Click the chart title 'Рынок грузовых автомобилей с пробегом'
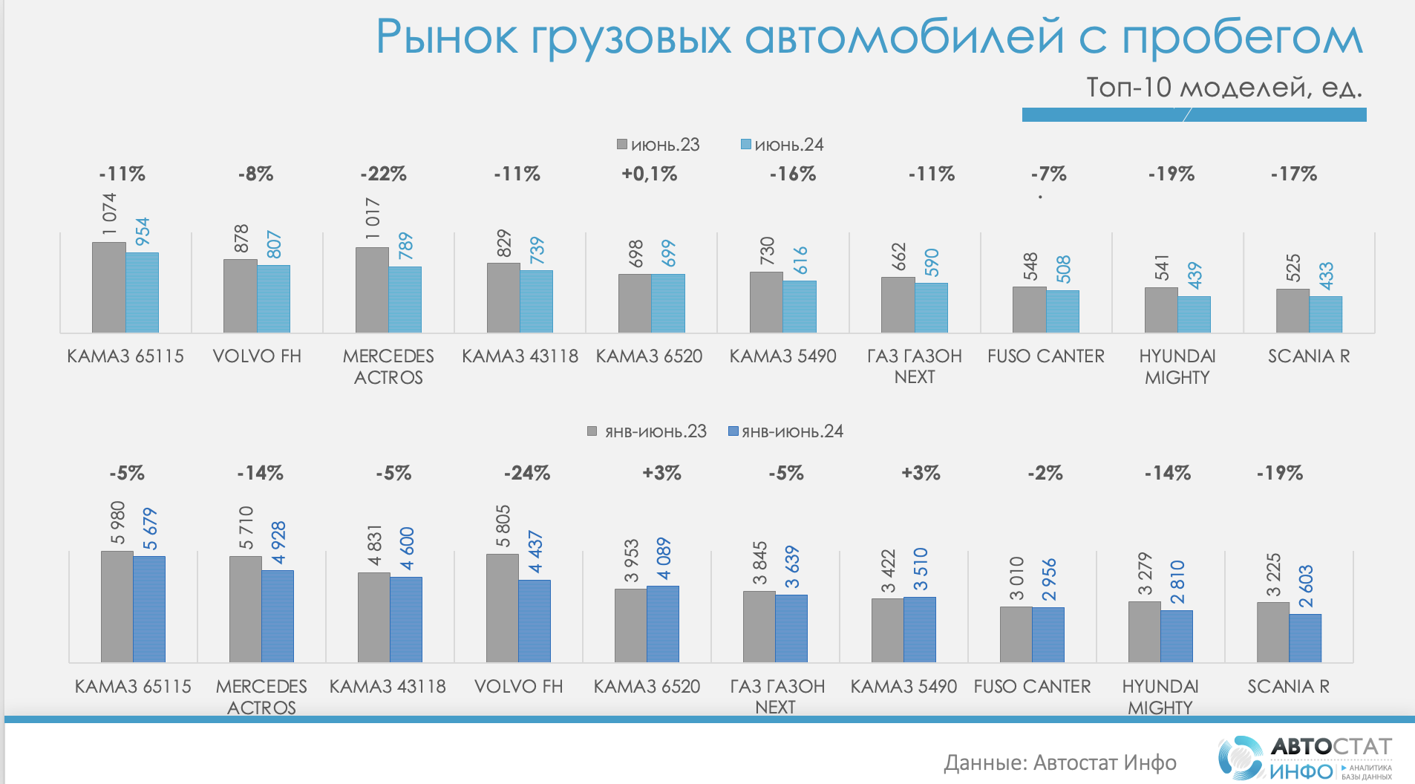869,37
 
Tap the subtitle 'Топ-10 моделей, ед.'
1223,88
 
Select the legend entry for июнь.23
658,145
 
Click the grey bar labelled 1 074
108,287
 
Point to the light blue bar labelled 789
405,299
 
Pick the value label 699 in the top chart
668,253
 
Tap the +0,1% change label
650,174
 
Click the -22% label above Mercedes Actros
383,174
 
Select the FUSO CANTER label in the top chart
1045,356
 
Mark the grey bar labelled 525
1292,310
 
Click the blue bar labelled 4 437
535,621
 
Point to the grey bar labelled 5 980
117,606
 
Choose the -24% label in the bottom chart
527,473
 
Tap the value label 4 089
663,558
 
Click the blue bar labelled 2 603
1305,638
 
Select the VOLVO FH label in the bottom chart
518,687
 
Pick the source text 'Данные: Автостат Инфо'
1060,762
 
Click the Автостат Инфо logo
1304,757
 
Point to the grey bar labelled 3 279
1144,632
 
